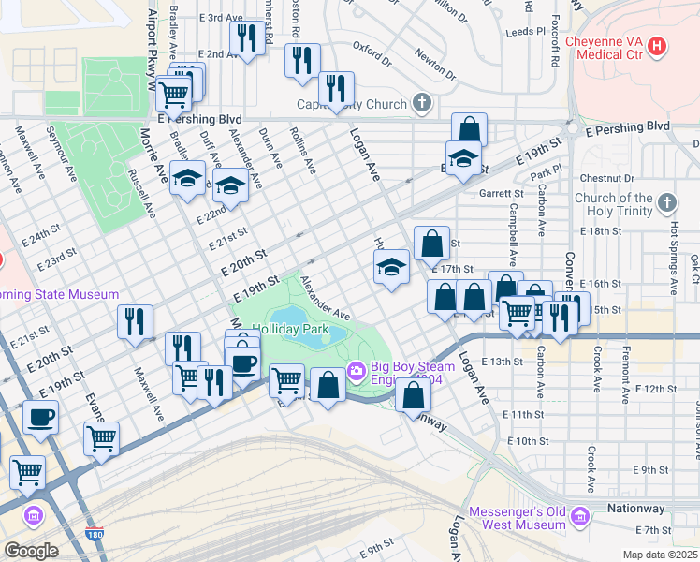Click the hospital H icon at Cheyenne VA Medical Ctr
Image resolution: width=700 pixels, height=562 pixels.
(x=657, y=45)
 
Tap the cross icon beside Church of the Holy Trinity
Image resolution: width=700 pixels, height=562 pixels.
(x=666, y=202)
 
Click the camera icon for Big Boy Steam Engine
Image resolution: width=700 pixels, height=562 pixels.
(x=356, y=372)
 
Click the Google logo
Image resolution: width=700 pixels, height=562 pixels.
(x=30, y=551)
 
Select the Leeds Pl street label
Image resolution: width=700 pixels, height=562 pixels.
(x=525, y=31)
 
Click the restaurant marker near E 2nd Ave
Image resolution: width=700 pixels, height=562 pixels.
(x=246, y=38)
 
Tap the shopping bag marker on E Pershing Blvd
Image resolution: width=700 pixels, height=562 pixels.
(x=469, y=129)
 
